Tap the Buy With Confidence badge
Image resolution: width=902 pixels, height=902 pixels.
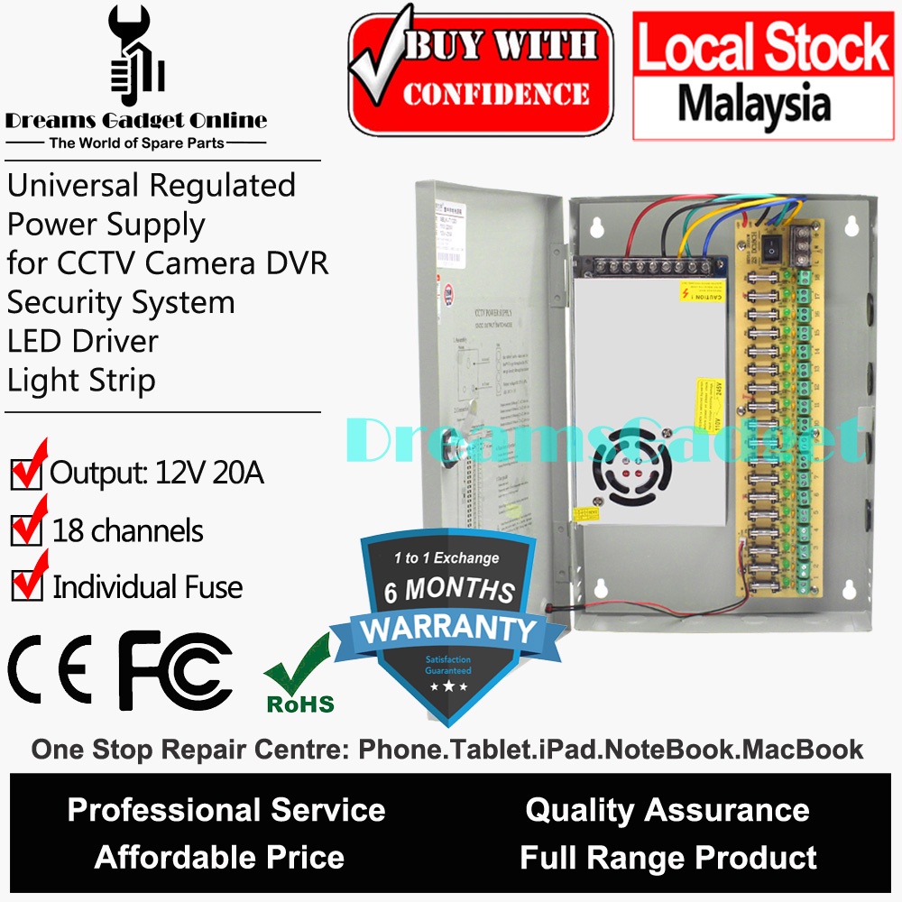[481, 73]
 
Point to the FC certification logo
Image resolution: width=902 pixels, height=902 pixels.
[175, 673]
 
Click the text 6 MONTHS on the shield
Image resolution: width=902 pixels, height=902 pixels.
[449, 592]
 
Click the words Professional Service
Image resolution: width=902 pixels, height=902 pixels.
[226, 810]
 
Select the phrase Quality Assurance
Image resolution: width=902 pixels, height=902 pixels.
[667, 810]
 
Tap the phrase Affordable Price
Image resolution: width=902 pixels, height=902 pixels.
[219, 857]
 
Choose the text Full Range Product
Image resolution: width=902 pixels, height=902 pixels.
[668, 857]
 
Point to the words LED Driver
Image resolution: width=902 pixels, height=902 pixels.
[83, 341]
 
